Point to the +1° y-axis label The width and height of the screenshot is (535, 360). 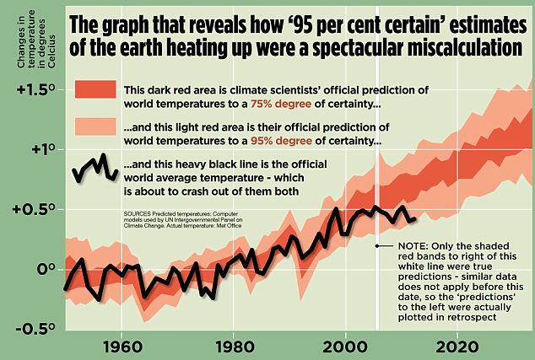(39, 149)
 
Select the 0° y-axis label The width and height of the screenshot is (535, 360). (44, 269)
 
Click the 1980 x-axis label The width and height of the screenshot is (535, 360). (232, 346)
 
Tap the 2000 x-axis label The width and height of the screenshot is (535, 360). (343, 346)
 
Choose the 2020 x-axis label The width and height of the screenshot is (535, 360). (455, 346)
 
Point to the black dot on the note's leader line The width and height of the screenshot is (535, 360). (376, 245)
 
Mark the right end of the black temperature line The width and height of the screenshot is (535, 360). (414, 218)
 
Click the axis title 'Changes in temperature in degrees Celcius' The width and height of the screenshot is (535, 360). (21, 38)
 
